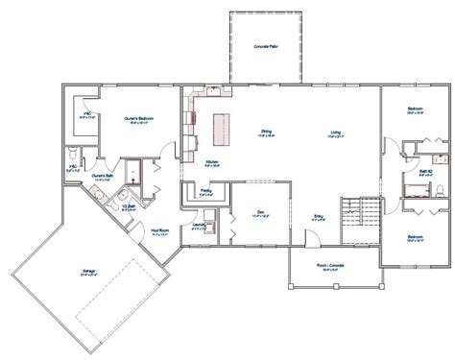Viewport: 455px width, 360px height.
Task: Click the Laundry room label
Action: (198, 227)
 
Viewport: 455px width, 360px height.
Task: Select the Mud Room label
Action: (160, 229)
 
